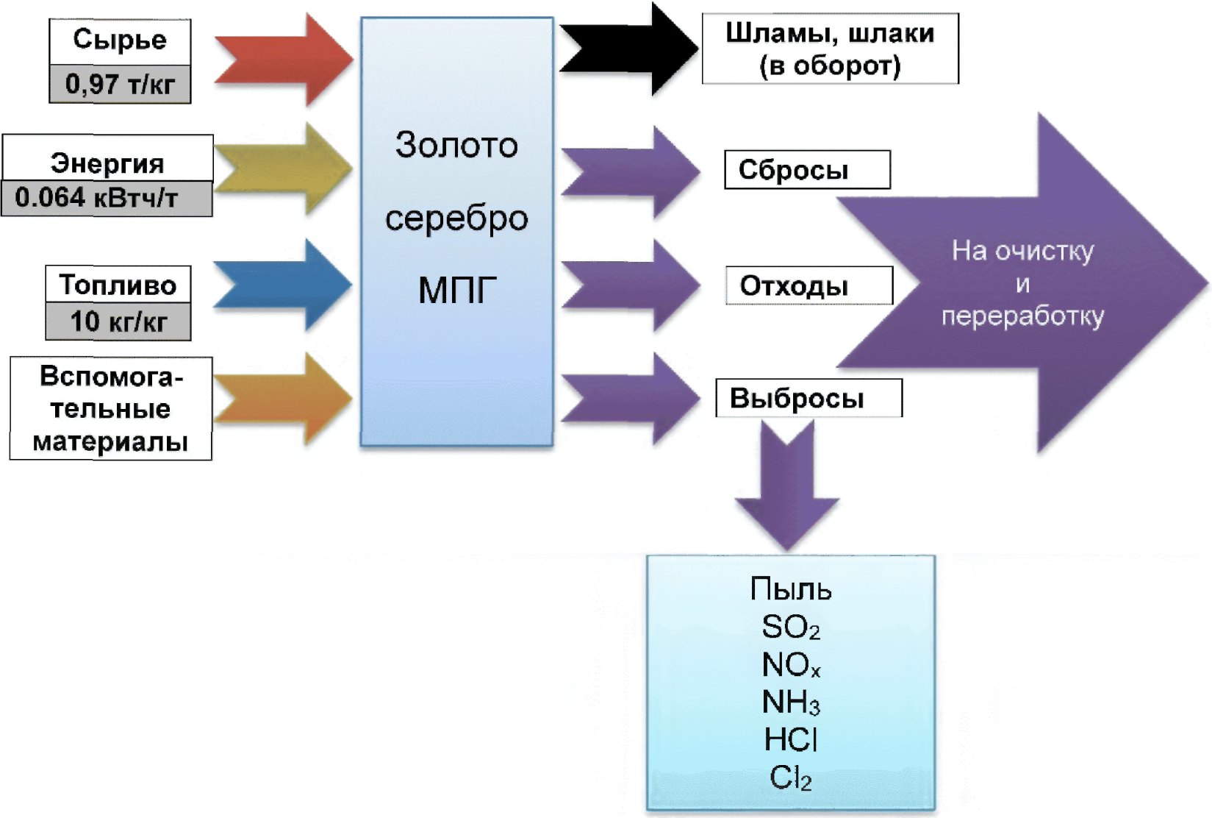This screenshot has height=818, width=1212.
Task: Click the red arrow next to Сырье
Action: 284,60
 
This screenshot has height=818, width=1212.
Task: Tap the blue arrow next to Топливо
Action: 284,285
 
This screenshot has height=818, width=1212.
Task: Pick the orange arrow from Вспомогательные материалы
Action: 284,399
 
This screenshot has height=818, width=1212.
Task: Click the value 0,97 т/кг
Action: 120,84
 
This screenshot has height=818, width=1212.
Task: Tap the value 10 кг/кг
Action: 118,321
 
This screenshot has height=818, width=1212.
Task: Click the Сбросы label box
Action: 807,170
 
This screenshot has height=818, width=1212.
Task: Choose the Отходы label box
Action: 809,286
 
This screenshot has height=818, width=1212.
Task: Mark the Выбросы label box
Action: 809,399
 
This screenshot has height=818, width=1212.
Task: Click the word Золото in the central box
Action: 456,145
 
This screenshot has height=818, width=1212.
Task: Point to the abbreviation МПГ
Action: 457,290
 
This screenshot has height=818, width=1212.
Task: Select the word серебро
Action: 456,218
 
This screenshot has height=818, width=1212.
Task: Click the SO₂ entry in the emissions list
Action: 791,627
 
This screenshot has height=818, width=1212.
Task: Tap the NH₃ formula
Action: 791,703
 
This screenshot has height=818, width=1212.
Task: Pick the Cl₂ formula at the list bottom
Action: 791,778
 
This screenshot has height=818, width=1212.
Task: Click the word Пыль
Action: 791,588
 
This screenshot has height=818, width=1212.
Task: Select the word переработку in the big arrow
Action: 1022,316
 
